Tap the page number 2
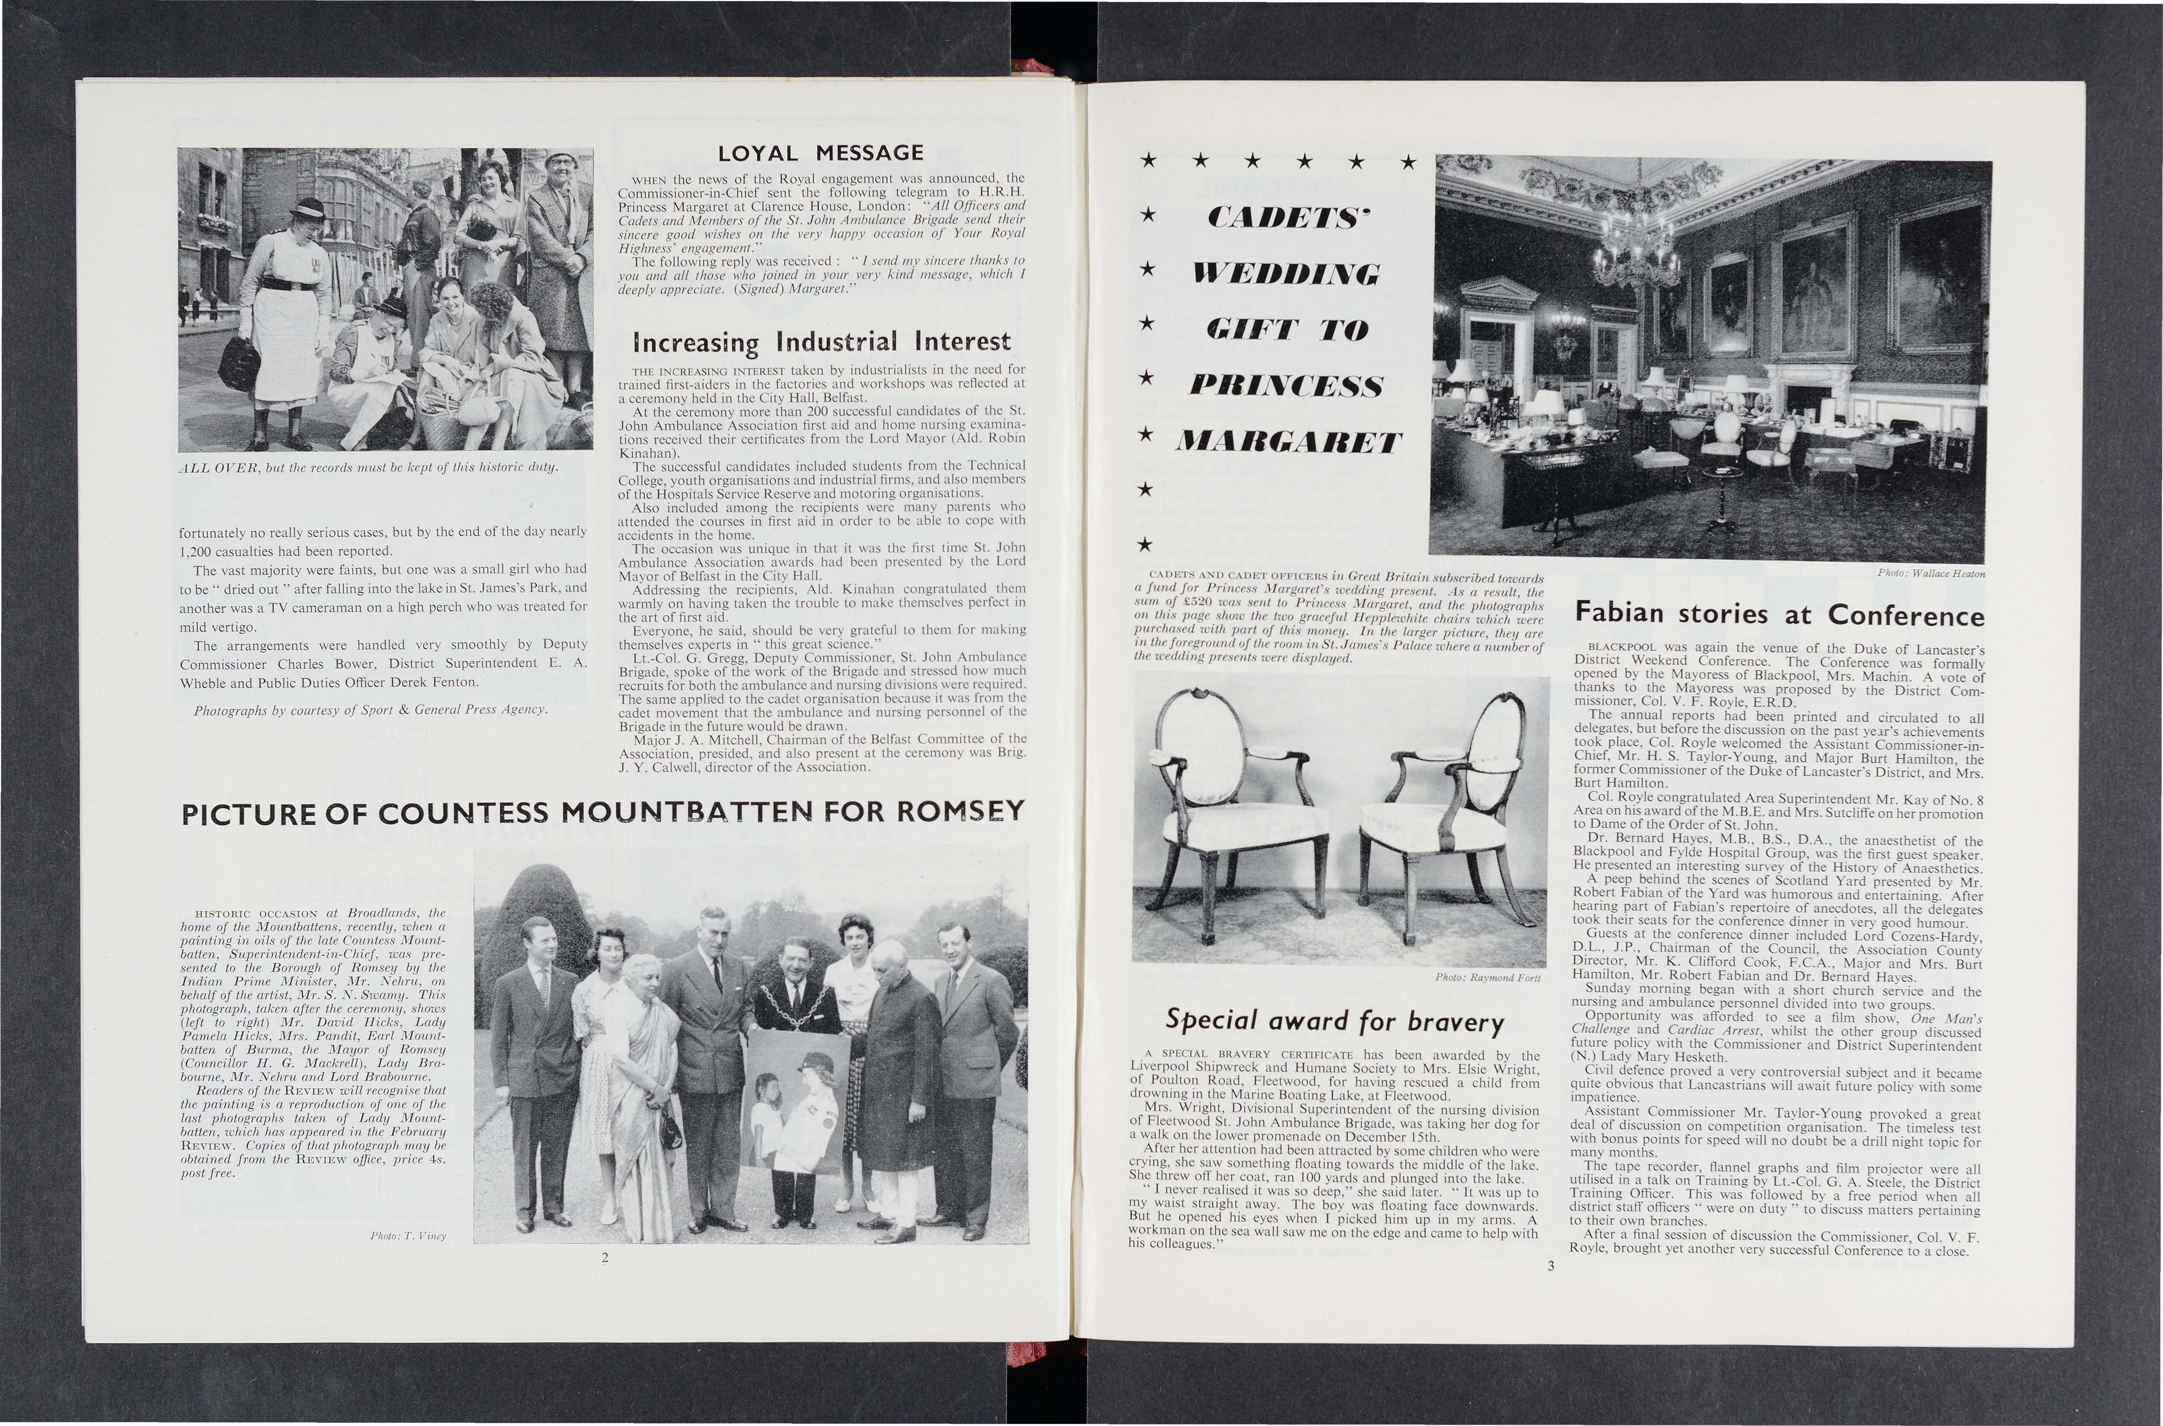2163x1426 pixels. point(604,1258)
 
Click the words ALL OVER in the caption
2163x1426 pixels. point(216,468)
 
